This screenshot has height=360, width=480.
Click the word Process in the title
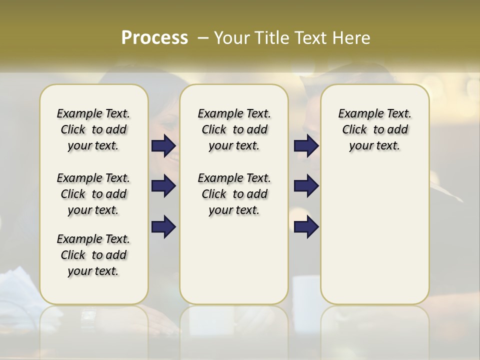pos(154,37)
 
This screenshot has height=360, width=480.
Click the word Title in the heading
pos(267,37)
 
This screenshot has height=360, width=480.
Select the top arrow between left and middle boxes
pos(163,146)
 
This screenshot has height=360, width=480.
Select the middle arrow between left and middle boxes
pos(163,186)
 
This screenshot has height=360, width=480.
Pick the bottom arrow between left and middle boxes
pos(163,226)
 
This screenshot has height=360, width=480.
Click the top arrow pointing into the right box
pos(306,146)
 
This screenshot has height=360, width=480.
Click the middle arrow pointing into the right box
pos(306,186)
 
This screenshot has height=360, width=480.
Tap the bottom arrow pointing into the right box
pos(306,226)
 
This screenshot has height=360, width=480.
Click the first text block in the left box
pos(93,129)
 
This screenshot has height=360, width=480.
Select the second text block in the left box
pos(93,194)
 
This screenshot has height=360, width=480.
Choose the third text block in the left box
pos(93,255)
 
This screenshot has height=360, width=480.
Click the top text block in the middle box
pos(234,129)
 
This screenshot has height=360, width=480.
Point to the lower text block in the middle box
pos(234,194)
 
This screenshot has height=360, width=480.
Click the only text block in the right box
pos(374,129)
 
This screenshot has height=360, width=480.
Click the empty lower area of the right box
pos(374,235)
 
